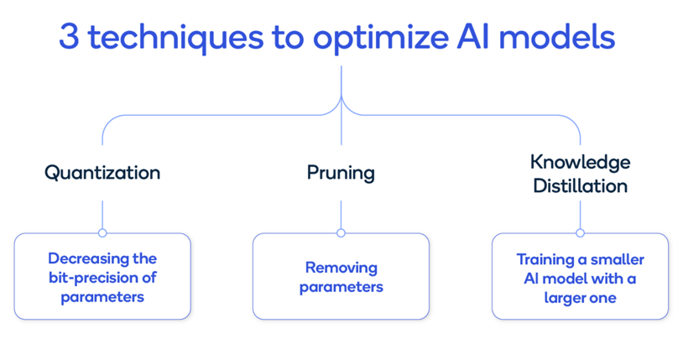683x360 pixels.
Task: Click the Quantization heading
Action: click(x=102, y=173)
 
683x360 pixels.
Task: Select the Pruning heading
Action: click(x=341, y=173)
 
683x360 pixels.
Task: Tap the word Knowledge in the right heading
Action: click(x=580, y=161)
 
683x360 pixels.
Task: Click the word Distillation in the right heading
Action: click(x=580, y=185)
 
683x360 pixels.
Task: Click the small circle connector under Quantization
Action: click(x=102, y=232)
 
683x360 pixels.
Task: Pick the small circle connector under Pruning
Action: click(x=341, y=232)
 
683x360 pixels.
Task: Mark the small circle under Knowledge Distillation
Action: click(x=580, y=232)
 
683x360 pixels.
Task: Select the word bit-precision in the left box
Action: click(x=94, y=277)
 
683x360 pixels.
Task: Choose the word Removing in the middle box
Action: click(x=341, y=269)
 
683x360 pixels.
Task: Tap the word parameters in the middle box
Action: click(x=341, y=287)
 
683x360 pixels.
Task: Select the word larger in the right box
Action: click(x=566, y=297)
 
